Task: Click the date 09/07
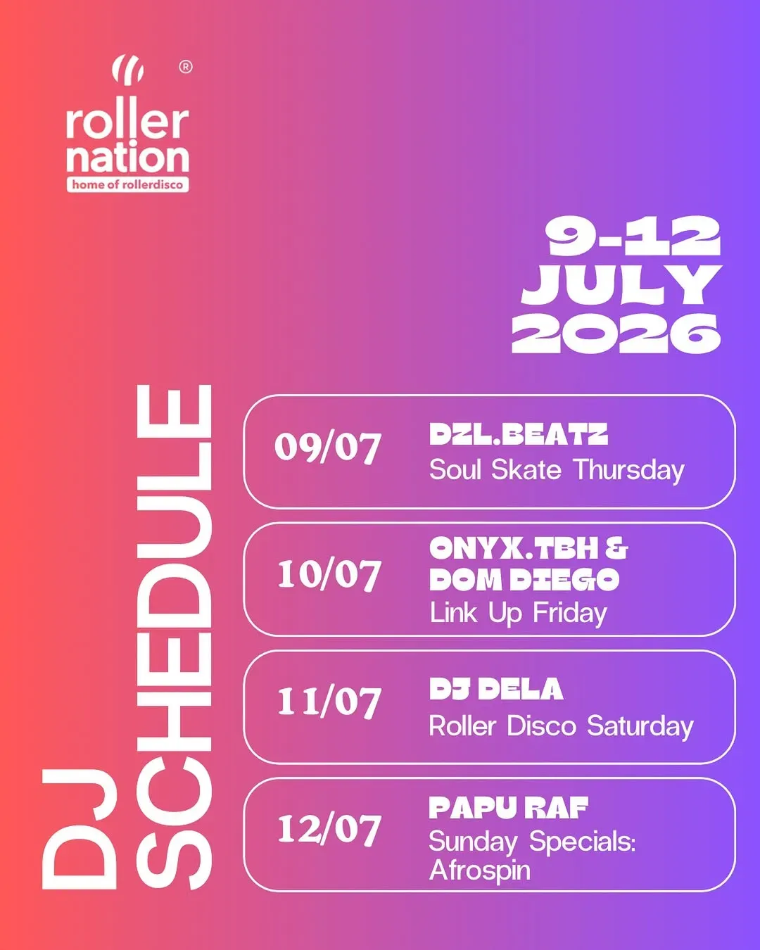pos(327,448)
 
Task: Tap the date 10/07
pos(329,575)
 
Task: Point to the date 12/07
pos(329,829)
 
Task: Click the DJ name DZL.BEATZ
pos(519,434)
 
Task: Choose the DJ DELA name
pos(496,689)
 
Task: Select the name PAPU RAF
pos(508,808)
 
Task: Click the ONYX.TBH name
pos(517,548)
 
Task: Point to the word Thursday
pos(629,471)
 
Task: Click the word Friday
pos(570,614)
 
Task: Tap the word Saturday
pos(640,726)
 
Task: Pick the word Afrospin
pos(480,870)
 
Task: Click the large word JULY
pos(621,284)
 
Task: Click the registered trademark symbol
pos(186,67)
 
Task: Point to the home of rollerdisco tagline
pos(127,184)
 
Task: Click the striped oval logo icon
pos(127,70)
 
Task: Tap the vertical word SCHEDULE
pos(175,637)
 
